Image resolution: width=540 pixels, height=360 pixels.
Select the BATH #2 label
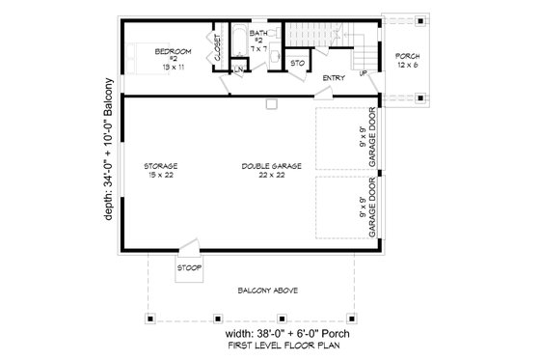(258, 41)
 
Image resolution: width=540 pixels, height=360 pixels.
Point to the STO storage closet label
(299, 63)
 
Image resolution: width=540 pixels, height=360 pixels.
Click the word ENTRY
(334, 78)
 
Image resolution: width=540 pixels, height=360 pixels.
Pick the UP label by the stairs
(363, 73)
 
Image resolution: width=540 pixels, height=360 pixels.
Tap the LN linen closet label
(237, 70)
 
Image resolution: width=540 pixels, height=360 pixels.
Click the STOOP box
(189, 267)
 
